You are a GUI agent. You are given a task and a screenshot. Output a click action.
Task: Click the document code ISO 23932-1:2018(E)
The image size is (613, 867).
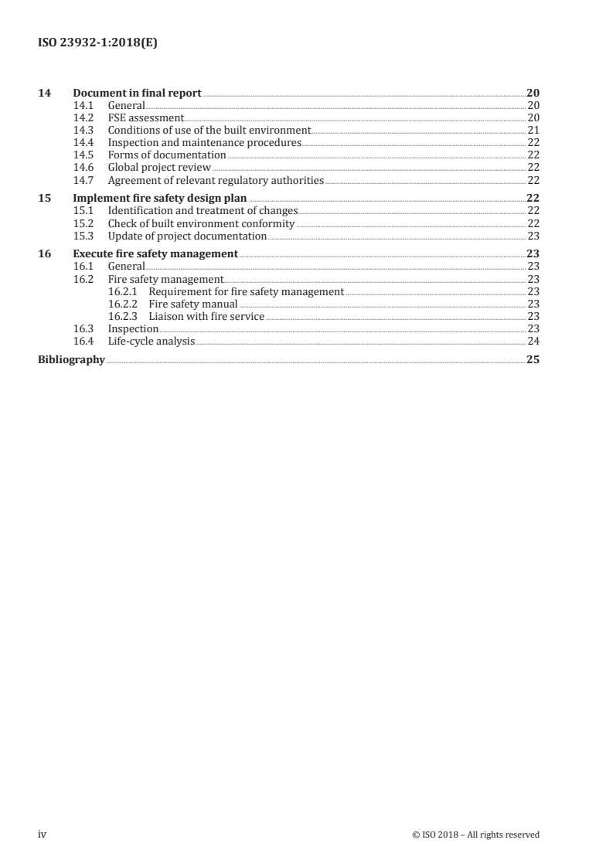click(98, 44)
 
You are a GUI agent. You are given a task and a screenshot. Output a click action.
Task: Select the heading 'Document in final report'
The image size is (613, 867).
click(137, 93)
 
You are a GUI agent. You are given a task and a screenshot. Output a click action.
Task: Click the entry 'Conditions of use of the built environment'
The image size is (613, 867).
click(209, 131)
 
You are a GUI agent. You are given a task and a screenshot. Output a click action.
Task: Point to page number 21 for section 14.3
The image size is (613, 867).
click(533, 131)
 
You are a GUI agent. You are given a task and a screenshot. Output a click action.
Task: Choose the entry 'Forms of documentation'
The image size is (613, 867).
click(167, 155)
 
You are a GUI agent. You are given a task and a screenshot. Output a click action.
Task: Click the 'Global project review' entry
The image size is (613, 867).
click(159, 168)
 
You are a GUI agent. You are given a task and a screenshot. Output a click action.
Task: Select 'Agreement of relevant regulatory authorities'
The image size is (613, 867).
click(216, 180)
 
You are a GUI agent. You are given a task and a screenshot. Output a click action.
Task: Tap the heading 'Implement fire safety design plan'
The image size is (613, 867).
click(159, 198)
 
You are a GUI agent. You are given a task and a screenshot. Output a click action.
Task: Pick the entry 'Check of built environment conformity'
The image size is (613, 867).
click(201, 223)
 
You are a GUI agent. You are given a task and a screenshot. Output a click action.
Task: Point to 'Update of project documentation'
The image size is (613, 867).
click(187, 236)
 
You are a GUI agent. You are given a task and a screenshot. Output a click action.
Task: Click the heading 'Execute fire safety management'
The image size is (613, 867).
click(155, 253)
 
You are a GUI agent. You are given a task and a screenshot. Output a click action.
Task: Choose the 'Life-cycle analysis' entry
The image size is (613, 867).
click(152, 341)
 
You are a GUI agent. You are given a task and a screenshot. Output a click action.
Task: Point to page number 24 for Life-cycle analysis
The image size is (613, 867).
click(533, 341)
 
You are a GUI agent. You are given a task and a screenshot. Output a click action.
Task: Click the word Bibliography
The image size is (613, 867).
click(71, 359)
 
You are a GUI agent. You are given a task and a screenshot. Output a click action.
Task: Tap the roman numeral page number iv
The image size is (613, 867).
click(43, 834)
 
